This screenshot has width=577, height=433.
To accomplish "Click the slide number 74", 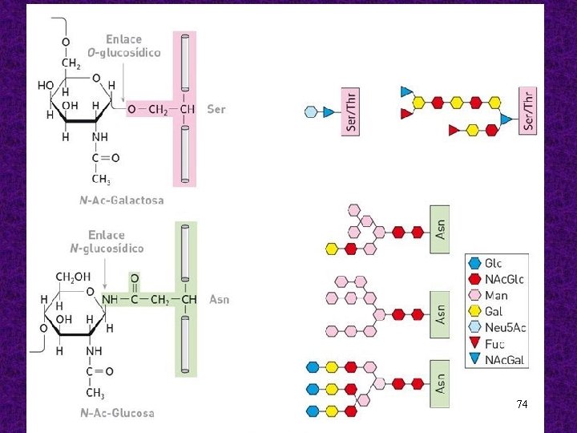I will (x=522, y=404).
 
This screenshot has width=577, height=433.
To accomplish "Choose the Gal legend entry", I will (x=494, y=312).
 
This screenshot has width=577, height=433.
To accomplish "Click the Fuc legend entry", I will (x=494, y=344).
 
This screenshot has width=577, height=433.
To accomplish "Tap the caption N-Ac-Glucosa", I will (x=116, y=413).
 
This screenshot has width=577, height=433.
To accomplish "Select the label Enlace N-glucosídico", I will (x=107, y=241).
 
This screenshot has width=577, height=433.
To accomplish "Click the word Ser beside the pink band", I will (x=216, y=108).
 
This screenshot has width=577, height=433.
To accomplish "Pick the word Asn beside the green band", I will (x=219, y=300).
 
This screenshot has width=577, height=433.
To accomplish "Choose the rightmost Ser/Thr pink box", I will (x=527, y=111).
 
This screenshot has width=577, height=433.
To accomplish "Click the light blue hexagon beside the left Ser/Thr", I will (x=311, y=112).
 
